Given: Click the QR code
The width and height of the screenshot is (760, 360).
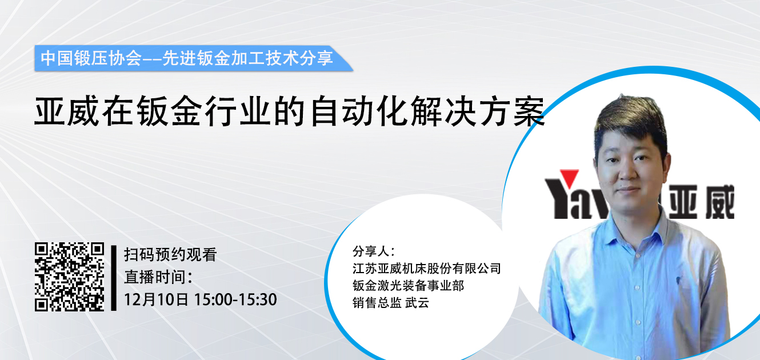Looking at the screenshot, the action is [x=69, y=277].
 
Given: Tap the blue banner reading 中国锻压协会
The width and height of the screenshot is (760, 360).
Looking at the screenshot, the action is [x=193, y=58].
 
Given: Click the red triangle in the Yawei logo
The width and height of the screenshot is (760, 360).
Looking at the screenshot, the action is [x=569, y=178].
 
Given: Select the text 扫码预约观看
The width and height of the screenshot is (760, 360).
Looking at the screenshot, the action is [x=170, y=255].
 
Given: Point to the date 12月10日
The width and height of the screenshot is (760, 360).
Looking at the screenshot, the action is [x=156, y=299].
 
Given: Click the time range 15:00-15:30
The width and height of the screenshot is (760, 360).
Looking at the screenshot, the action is [x=235, y=299].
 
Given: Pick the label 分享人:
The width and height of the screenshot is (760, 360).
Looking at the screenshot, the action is [x=374, y=251].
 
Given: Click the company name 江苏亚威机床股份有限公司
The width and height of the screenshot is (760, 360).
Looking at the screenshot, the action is [x=426, y=269].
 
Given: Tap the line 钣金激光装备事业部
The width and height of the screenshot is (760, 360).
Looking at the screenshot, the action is [x=408, y=286].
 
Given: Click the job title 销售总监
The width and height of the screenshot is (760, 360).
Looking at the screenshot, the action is [x=377, y=303].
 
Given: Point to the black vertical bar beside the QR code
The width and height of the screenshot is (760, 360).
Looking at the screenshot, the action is [x=114, y=278].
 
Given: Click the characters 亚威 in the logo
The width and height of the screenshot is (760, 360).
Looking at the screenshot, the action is [x=701, y=202].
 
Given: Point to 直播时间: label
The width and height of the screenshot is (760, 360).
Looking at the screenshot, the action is [x=158, y=277].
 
